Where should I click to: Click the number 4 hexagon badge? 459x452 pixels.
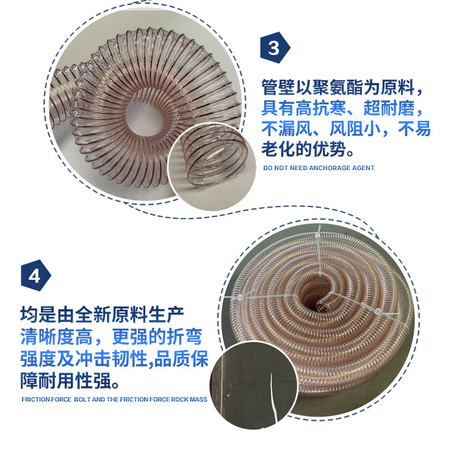point(35,275)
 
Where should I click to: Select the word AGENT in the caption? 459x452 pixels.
point(363,167)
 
